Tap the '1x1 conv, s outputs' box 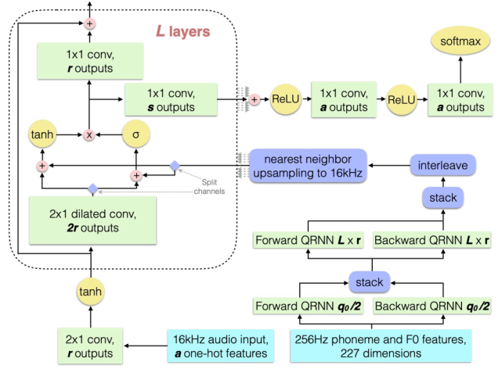(x=172, y=99)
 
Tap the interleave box (x=444, y=166)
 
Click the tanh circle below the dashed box (x=91, y=291)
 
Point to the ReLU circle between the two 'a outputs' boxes (x=398, y=100)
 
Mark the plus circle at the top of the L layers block (x=90, y=23)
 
